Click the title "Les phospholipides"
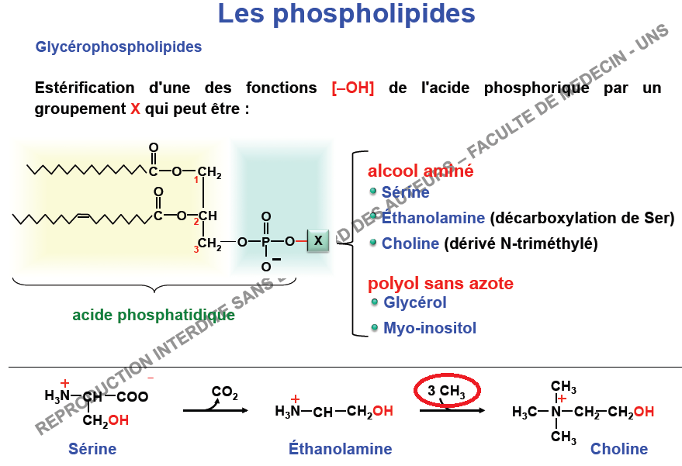346,15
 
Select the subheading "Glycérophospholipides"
118,47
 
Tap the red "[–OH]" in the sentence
353,88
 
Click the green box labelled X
318,240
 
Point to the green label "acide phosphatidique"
154,315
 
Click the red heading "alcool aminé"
421,171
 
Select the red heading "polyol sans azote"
441,284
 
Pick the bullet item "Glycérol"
415,302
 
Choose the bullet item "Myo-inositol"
430,328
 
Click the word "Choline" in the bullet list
410,243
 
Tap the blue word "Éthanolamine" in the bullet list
433,217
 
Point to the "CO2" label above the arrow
225,392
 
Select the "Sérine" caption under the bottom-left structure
92,449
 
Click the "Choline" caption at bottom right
619,449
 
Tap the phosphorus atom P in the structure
266,242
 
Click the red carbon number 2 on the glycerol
196,222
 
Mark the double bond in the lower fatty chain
84,215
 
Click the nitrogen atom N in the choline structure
556,412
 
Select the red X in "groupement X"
135,109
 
